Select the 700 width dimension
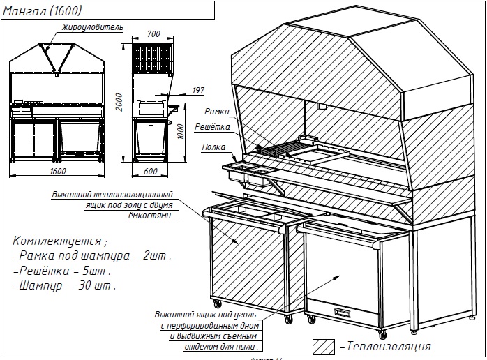pos(153,34)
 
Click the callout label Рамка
pos(213,112)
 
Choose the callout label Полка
pos(213,147)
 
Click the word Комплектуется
pos(59,241)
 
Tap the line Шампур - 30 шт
pos(65,285)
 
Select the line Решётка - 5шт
pos(61,271)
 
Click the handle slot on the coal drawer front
pos(345,312)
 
